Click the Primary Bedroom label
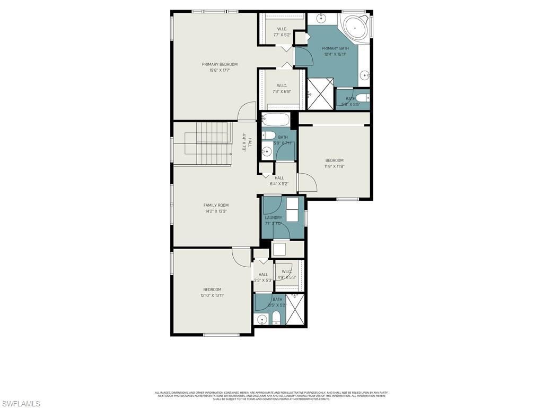(220, 64)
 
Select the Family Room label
(216, 205)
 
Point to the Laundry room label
(274, 217)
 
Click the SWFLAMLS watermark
(21, 404)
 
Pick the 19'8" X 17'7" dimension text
(220, 70)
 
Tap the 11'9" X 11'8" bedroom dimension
(334, 166)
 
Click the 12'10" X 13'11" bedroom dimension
(212, 295)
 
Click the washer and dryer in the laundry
(292, 209)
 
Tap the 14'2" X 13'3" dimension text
(216, 211)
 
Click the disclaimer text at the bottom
(271, 396)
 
